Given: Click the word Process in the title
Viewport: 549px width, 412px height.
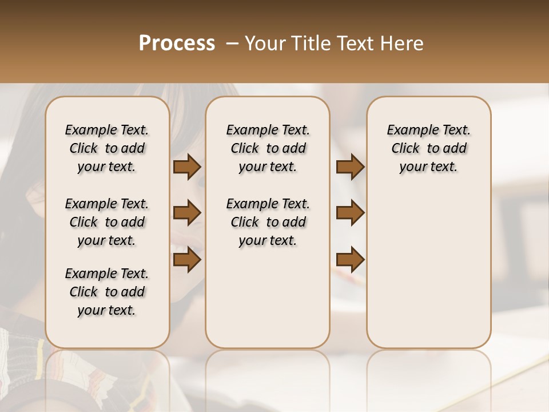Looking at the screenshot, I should point(177,43).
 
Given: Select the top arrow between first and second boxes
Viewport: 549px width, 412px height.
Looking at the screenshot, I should point(187,167).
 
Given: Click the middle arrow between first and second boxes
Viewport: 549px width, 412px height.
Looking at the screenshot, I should point(187,213).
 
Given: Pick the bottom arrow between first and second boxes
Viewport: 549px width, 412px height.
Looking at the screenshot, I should point(187,259).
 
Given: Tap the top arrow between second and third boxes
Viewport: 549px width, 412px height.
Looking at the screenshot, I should point(350,167).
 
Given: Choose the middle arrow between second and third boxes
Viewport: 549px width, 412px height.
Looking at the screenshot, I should point(350,213).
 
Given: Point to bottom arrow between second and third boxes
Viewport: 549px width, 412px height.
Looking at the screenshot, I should point(350,260).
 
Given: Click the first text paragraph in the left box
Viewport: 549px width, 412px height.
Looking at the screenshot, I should point(106,148).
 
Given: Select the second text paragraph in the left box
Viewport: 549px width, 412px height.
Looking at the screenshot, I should point(106,222).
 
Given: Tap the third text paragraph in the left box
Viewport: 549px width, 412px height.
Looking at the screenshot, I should point(106,292).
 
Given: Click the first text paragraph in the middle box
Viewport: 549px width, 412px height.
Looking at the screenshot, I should point(268,148).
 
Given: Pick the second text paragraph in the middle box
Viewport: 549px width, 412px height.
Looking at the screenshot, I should point(268,222).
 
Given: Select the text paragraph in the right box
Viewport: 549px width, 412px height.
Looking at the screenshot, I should point(428,148).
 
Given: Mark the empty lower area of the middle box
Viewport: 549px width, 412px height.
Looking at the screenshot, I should point(268,298).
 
